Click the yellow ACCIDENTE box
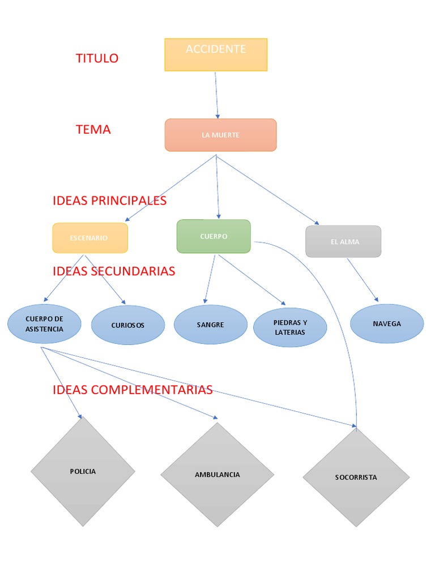click(x=216, y=54)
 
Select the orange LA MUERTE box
click(x=220, y=135)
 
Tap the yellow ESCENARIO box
click(x=90, y=238)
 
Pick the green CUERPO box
click(x=214, y=236)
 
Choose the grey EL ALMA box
click(x=343, y=241)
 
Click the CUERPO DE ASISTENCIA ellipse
click(x=44, y=324)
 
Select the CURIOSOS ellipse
click(x=128, y=325)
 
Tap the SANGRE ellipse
click(x=211, y=325)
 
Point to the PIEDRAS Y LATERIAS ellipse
click(x=290, y=327)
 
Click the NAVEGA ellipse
click(x=387, y=323)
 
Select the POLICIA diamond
click(x=83, y=471)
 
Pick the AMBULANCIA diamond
click(x=217, y=475)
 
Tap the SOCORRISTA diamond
click(x=356, y=477)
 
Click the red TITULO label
click(x=97, y=58)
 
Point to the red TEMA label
click(x=93, y=130)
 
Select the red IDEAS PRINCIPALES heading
click(x=109, y=201)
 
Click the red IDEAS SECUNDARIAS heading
click(x=114, y=271)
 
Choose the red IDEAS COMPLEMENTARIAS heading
click(x=133, y=390)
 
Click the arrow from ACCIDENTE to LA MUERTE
click(x=216, y=95)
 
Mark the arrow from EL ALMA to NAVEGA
click(x=362, y=280)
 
